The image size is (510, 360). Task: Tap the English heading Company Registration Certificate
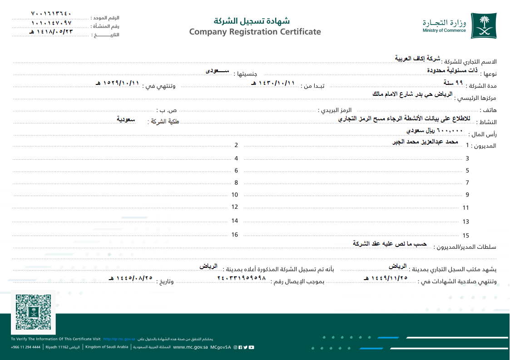coord(255,32)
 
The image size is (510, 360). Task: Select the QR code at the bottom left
coord(33,312)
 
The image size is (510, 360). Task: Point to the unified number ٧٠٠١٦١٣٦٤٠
coord(52,14)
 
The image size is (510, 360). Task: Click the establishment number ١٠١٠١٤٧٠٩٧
coord(52,23)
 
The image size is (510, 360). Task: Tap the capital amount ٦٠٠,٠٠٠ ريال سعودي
coord(435,131)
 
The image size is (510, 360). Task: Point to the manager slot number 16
coord(235,235)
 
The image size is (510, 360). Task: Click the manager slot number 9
coord(467,195)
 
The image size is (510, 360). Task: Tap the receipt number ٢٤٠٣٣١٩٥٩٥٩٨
coord(241,278)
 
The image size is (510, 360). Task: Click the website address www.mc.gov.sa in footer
coord(191,347)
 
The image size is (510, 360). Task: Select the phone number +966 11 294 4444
coord(26,347)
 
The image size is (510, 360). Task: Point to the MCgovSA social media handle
coord(221,347)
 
